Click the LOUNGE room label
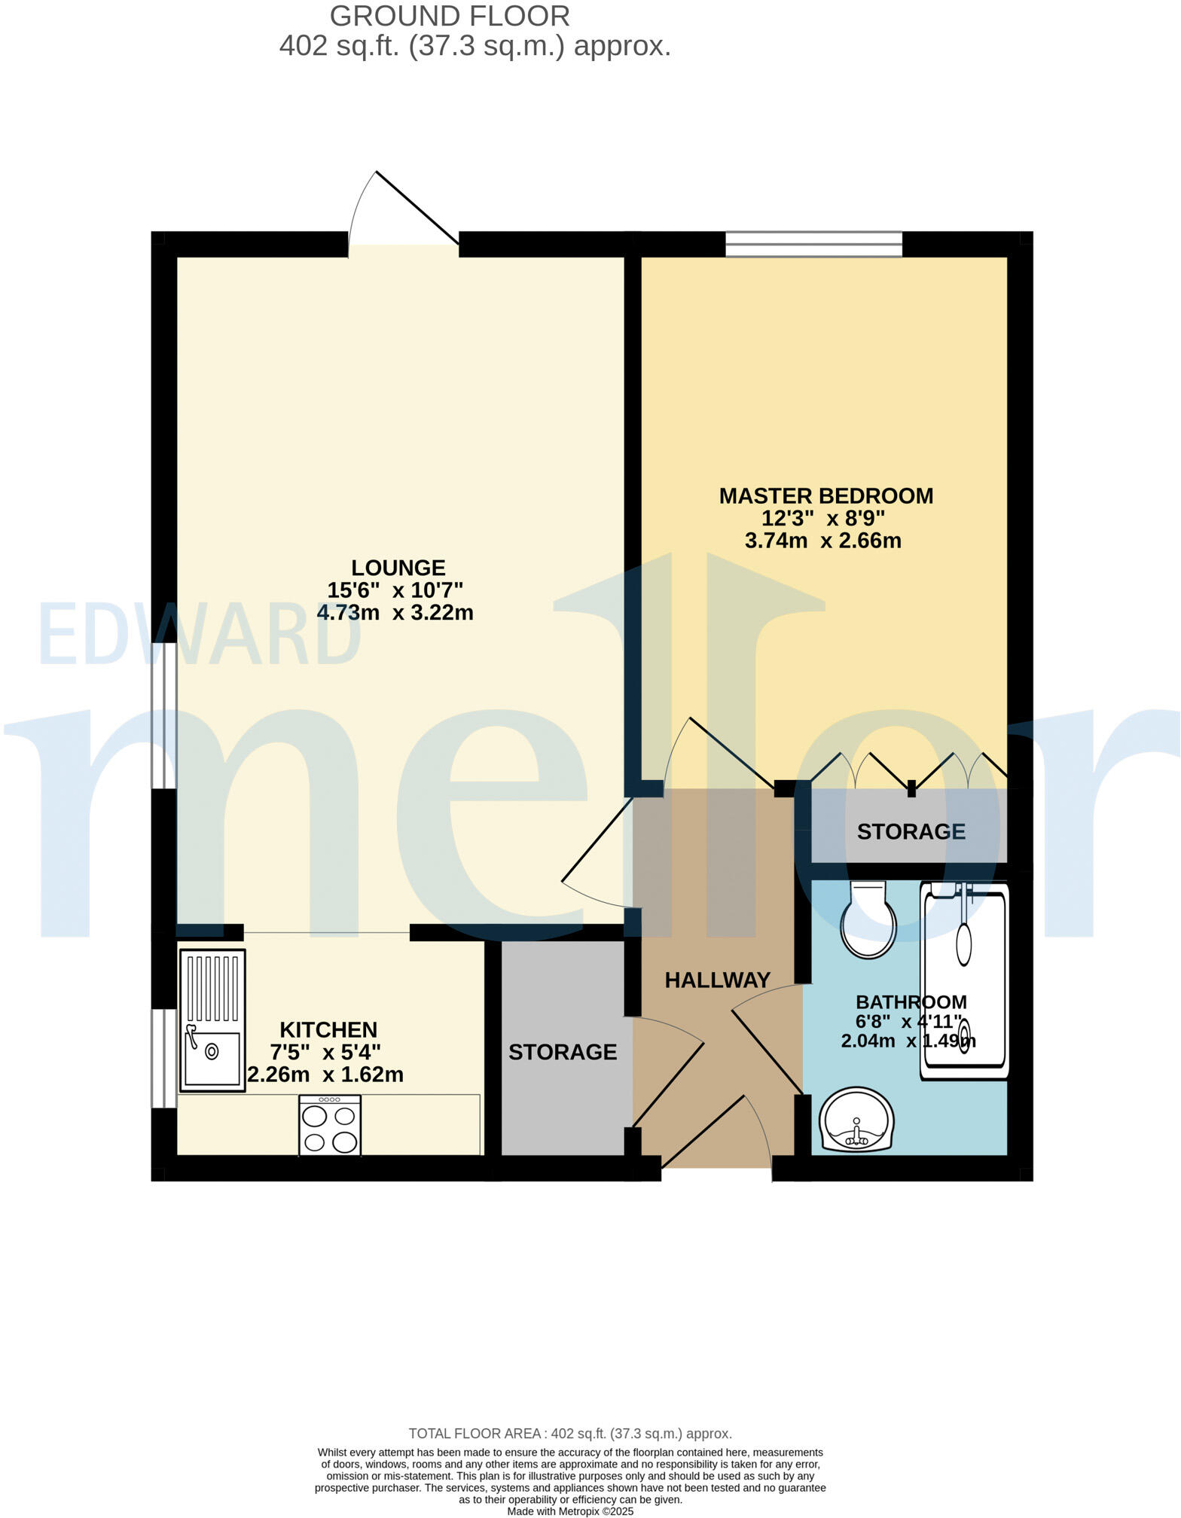point(398,568)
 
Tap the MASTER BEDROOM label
point(825,496)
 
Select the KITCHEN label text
point(328,1029)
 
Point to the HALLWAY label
point(717,980)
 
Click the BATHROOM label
point(911,1002)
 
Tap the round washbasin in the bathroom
point(856,1120)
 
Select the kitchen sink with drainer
point(212,1020)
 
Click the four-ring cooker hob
point(330,1125)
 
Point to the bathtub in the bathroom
point(964,980)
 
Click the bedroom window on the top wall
point(813,244)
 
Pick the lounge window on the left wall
point(163,715)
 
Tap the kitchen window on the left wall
point(163,1058)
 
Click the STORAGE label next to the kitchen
point(563,1052)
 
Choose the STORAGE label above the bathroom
point(911,831)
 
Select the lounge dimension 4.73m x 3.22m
point(395,613)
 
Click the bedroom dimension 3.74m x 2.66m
point(822,541)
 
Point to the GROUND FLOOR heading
point(450,16)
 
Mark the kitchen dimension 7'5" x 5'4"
point(325,1052)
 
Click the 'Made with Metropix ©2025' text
point(570,1511)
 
